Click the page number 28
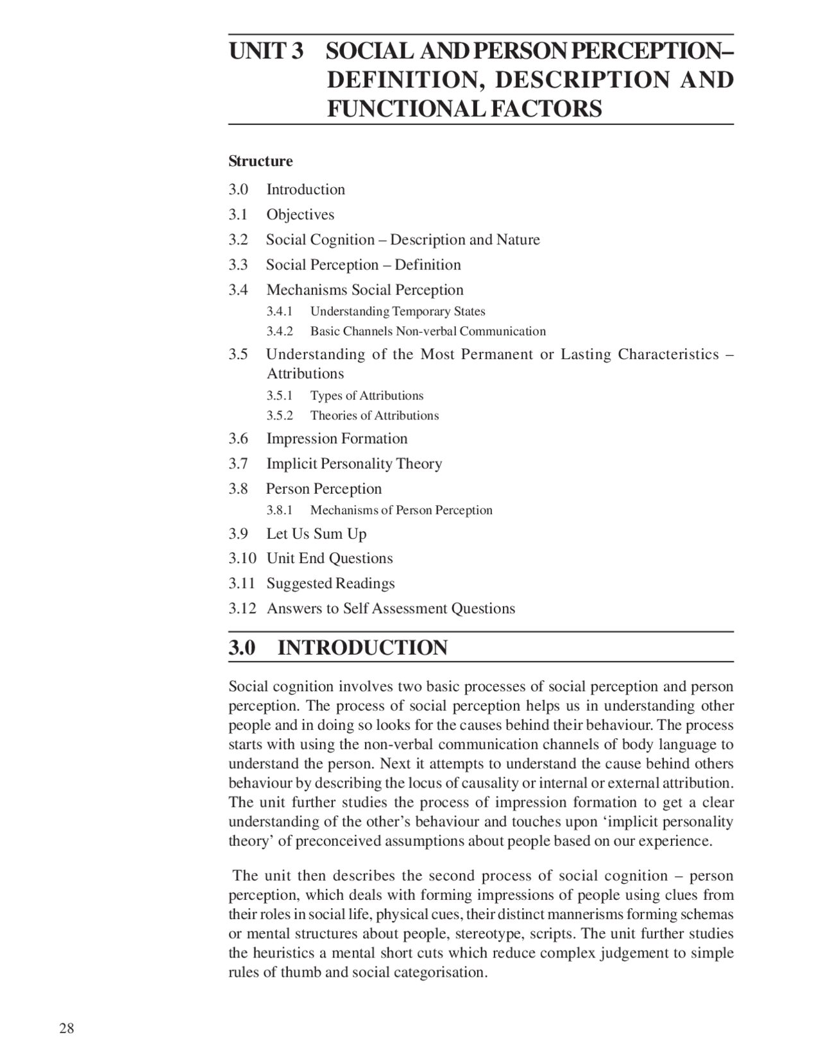pos(67,1029)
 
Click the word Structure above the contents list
pos(260,161)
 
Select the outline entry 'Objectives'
pos(300,214)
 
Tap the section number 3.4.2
pos(280,332)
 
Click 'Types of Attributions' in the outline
pos(367,396)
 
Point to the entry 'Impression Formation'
pos(337,439)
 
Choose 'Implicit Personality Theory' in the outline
pos(354,464)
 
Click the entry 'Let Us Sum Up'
pos(316,534)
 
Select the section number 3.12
pos(242,609)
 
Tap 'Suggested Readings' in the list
pos(330,584)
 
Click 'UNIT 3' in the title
pos(266,51)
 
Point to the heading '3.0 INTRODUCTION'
pos(338,648)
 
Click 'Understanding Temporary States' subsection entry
pos(398,312)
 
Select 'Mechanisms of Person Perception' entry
pos(401,510)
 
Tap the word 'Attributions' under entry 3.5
pos(305,374)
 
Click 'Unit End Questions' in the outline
pos(330,559)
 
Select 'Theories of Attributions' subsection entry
pos(375,416)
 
